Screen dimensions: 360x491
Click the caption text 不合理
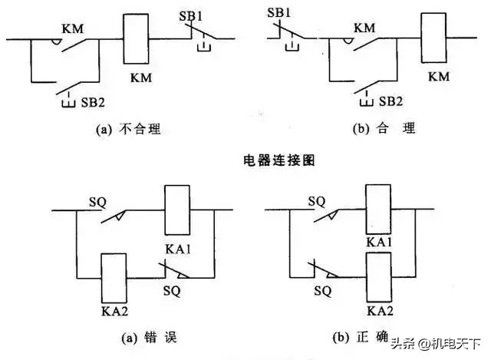[139, 129]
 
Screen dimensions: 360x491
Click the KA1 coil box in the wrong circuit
[177, 210]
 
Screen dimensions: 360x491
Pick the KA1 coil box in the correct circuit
[380, 208]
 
